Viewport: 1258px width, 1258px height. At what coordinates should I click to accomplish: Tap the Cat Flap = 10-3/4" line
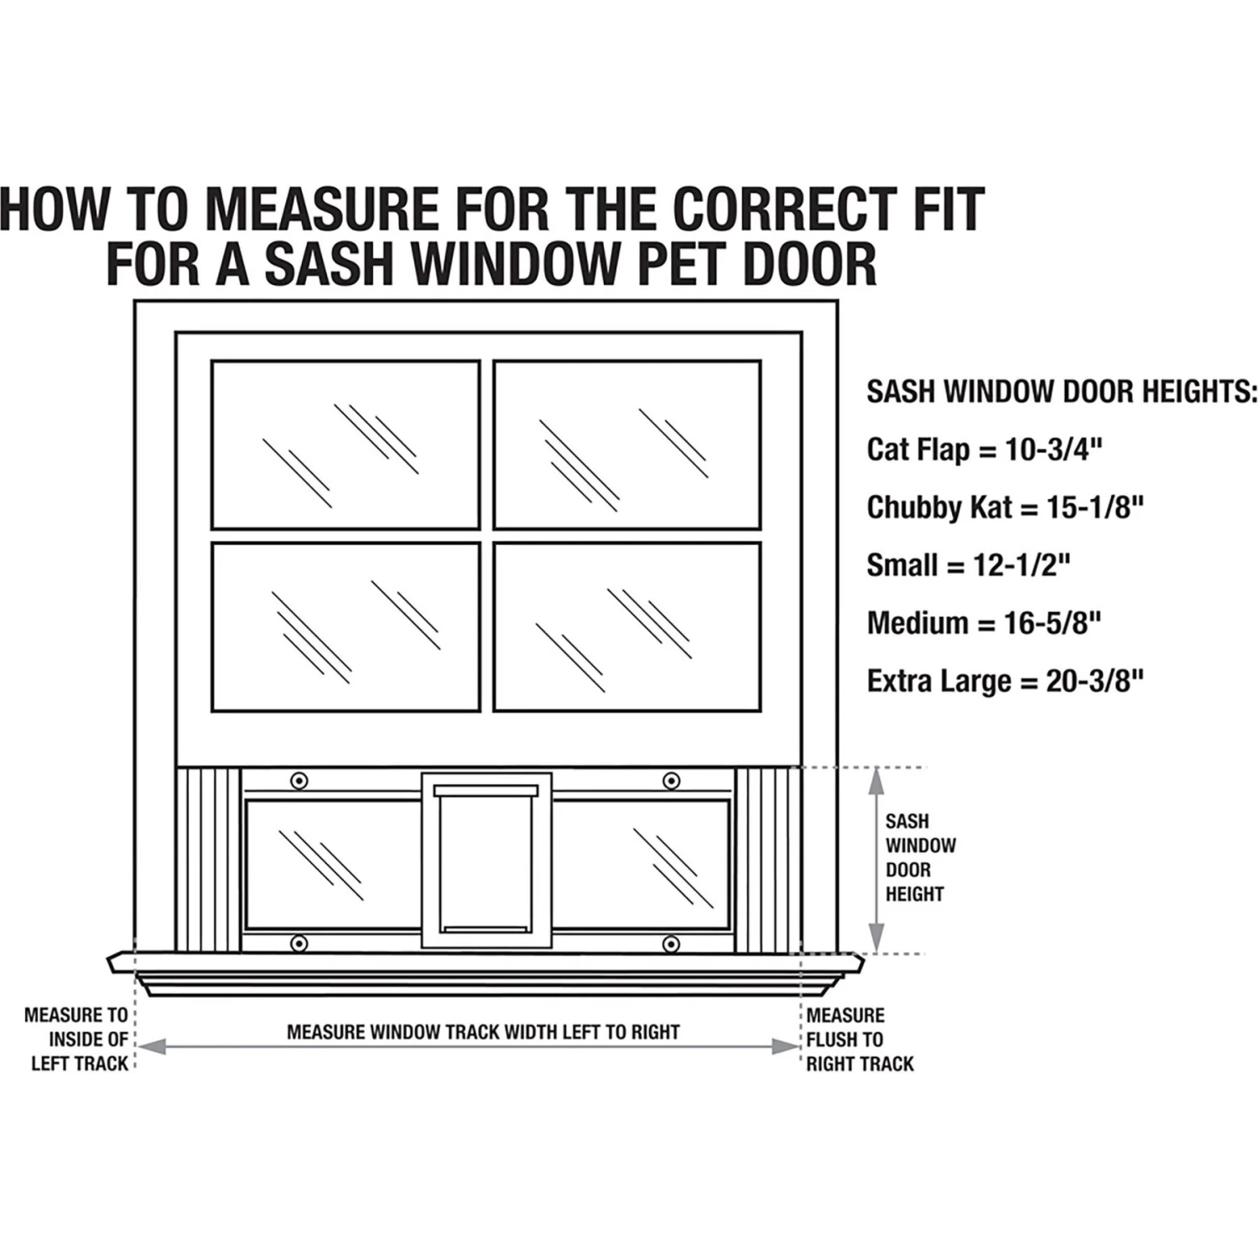pos(984,450)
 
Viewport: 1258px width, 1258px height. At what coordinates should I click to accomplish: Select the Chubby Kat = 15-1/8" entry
pos(1005,507)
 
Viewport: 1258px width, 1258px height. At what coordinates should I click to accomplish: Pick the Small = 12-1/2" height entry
pos(969,565)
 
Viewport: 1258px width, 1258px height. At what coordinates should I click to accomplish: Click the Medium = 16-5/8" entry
pos(984,623)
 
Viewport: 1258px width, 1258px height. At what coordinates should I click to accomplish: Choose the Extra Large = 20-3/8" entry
pos(1005,681)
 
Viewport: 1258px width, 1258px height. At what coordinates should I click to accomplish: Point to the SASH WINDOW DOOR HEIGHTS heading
pos(1062,392)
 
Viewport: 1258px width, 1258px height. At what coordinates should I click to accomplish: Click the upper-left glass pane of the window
pos(346,444)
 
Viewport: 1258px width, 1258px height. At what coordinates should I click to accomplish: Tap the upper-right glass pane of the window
pos(627,444)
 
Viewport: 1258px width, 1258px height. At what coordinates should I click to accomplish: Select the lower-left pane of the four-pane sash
pos(346,627)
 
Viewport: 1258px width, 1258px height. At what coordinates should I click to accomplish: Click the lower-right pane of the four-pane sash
pos(627,627)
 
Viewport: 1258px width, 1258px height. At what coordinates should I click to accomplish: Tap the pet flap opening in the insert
pos(486,864)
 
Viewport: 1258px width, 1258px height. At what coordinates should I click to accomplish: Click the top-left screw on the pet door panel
pos(299,781)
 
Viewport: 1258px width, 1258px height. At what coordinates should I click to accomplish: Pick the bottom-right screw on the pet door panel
pos(671,944)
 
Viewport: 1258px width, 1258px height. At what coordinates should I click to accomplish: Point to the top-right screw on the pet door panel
pos(671,781)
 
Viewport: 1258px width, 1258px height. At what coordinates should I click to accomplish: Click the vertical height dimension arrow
pos(876,860)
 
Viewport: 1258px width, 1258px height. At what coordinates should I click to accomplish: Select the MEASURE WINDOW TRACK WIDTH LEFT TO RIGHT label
pos(483,1032)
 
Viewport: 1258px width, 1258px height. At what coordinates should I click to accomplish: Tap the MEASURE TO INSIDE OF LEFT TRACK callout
pos(77,1039)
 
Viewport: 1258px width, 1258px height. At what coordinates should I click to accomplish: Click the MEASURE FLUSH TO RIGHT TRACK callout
pos(859,1039)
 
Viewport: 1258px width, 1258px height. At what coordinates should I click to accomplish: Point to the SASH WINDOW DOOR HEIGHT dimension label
pos(919,857)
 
